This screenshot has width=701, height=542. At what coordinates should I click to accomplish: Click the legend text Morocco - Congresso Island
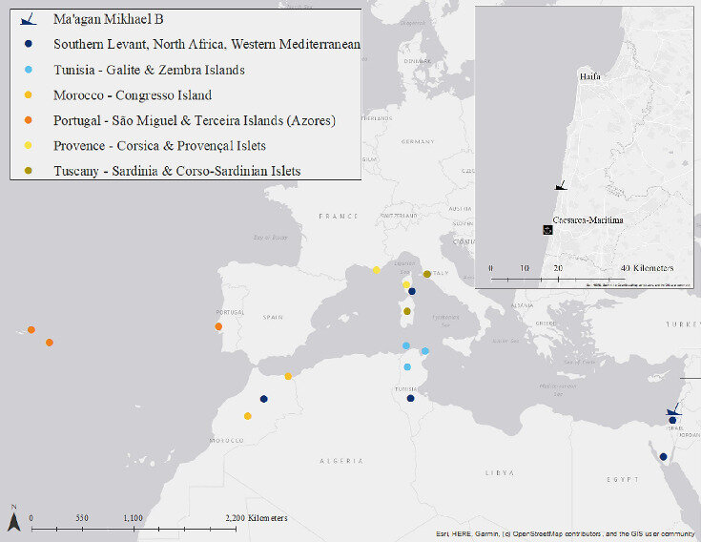(x=133, y=95)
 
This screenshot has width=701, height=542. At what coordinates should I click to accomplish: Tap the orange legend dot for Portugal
(x=29, y=120)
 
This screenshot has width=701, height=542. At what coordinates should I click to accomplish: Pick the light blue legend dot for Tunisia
(x=29, y=70)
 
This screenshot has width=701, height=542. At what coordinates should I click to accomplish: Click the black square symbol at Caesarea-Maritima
(x=547, y=229)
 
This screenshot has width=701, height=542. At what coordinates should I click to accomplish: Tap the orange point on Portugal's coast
(x=219, y=326)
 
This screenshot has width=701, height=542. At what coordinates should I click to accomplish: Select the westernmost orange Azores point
(x=31, y=329)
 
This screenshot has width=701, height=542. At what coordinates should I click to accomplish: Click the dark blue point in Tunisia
(x=410, y=398)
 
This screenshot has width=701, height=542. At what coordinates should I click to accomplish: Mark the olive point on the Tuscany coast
(x=427, y=274)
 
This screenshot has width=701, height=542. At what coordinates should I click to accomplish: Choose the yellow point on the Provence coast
(x=377, y=270)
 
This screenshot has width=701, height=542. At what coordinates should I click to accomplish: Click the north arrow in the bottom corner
(x=13, y=520)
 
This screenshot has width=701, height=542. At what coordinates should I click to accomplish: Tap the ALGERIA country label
(x=340, y=461)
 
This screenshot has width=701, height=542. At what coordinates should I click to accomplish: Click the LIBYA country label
(x=500, y=472)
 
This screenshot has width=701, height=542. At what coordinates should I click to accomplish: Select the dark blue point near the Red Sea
(x=663, y=456)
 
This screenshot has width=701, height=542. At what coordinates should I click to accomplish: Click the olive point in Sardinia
(x=406, y=311)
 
